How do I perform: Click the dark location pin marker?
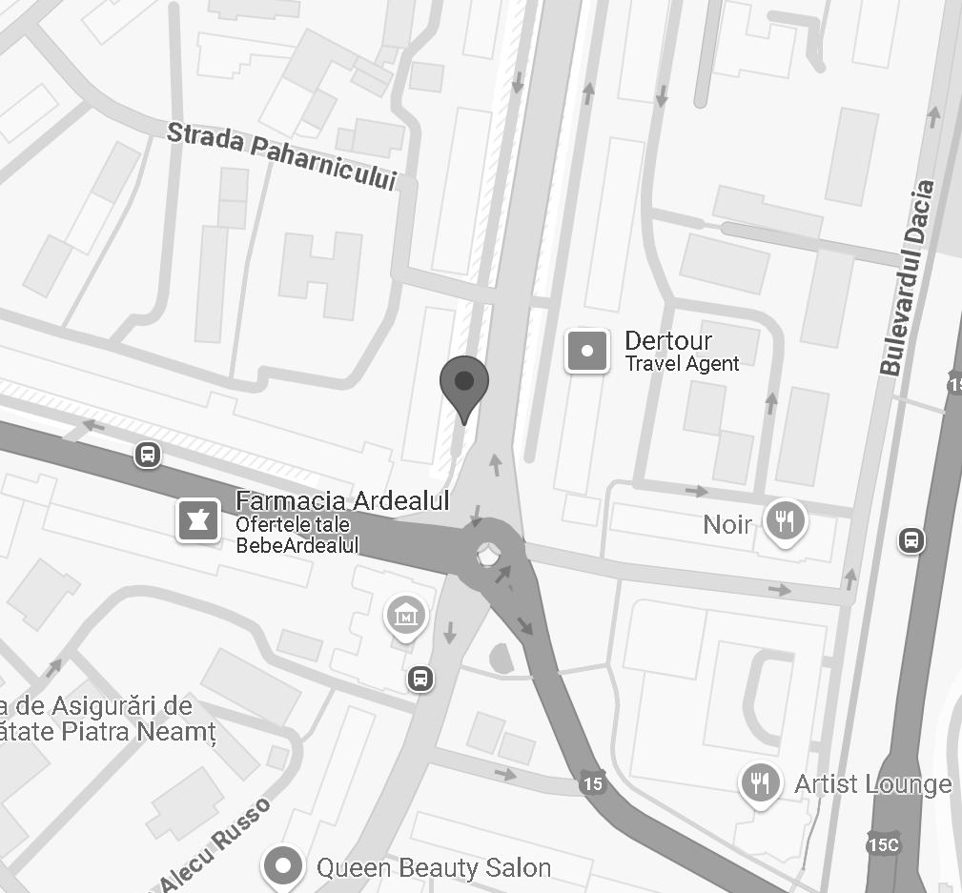(464, 383)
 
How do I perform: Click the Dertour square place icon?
(587, 351)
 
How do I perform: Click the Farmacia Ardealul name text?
(341, 501)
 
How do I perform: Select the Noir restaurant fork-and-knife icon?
(786, 520)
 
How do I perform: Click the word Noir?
(727, 524)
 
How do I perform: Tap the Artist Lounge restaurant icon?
(760, 782)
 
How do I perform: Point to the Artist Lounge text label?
(872, 784)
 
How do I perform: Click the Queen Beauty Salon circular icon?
(283, 866)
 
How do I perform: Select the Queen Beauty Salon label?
(434, 868)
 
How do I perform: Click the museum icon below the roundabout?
(405, 615)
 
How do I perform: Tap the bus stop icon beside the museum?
(420, 679)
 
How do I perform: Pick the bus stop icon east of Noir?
(911, 540)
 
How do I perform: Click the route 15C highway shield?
(882, 844)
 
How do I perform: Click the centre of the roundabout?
(488, 553)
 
